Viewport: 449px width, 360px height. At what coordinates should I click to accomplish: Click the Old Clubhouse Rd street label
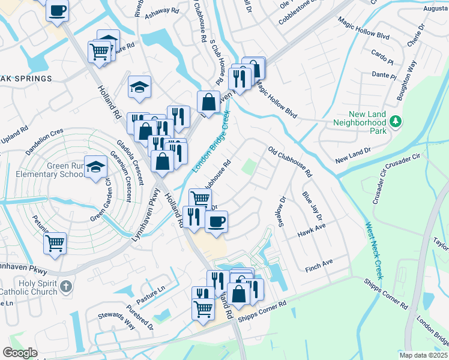click(x=290, y=162)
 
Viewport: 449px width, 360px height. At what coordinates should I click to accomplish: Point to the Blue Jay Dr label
click(x=312, y=206)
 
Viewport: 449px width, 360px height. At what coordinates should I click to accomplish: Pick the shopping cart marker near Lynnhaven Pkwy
click(x=55, y=243)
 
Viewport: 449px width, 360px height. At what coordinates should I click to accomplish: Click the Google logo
click(x=20, y=353)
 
